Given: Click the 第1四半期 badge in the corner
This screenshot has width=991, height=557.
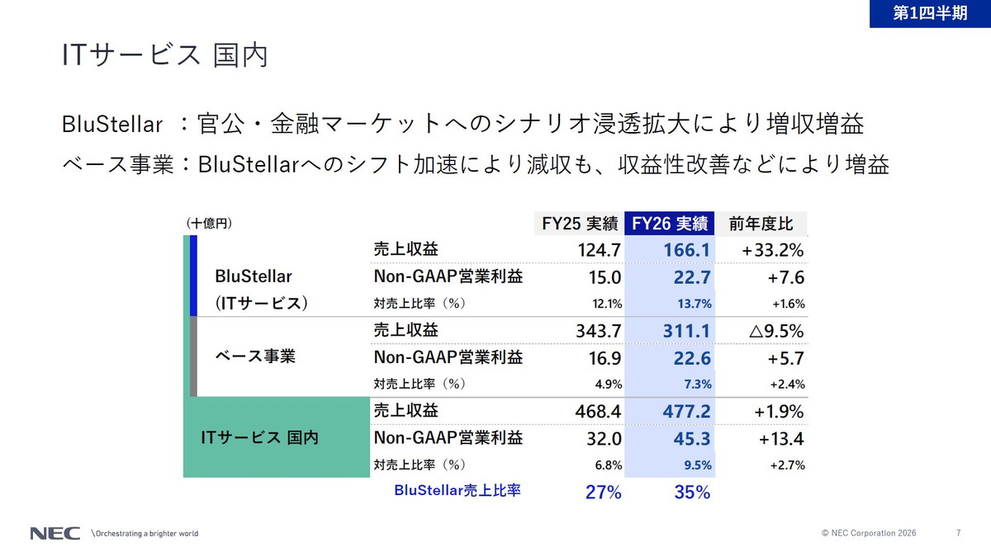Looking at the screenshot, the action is [x=930, y=13].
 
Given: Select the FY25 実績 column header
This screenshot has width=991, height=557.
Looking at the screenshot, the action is [x=580, y=224].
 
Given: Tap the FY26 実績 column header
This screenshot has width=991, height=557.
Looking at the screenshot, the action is [x=670, y=224].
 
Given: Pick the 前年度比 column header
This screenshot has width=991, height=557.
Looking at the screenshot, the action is [x=761, y=224].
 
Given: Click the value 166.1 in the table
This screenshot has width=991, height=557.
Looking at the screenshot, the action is [x=686, y=250].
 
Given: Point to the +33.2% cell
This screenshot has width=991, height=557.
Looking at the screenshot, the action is [x=772, y=251].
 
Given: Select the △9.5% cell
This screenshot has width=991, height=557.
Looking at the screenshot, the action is [x=776, y=331].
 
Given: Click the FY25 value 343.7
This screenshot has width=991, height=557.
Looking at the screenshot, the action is [x=598, y=331].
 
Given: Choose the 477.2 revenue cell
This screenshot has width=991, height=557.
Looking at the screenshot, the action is [x=686, y=412].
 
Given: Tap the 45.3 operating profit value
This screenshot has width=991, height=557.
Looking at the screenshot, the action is [x=692, y=438].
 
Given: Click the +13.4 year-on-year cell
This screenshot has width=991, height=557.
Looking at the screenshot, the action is [x=781, y=439].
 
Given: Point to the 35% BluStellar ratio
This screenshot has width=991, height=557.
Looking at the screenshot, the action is [x=692, y=492].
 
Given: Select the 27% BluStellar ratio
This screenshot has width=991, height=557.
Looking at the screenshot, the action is [x=604, y=492].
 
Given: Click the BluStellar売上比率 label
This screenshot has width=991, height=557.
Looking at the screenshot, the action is [x=458, y=490].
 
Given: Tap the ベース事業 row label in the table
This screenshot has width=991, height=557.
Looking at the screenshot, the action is [x=255, y=356].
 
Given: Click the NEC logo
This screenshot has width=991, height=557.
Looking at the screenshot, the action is [x=55, y=534].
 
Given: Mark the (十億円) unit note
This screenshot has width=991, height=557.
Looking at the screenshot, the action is [x=209, y=224].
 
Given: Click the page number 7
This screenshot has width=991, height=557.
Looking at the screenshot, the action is [x=958, y=533].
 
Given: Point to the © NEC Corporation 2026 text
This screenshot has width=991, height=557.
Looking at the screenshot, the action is [x=869, y=533].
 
